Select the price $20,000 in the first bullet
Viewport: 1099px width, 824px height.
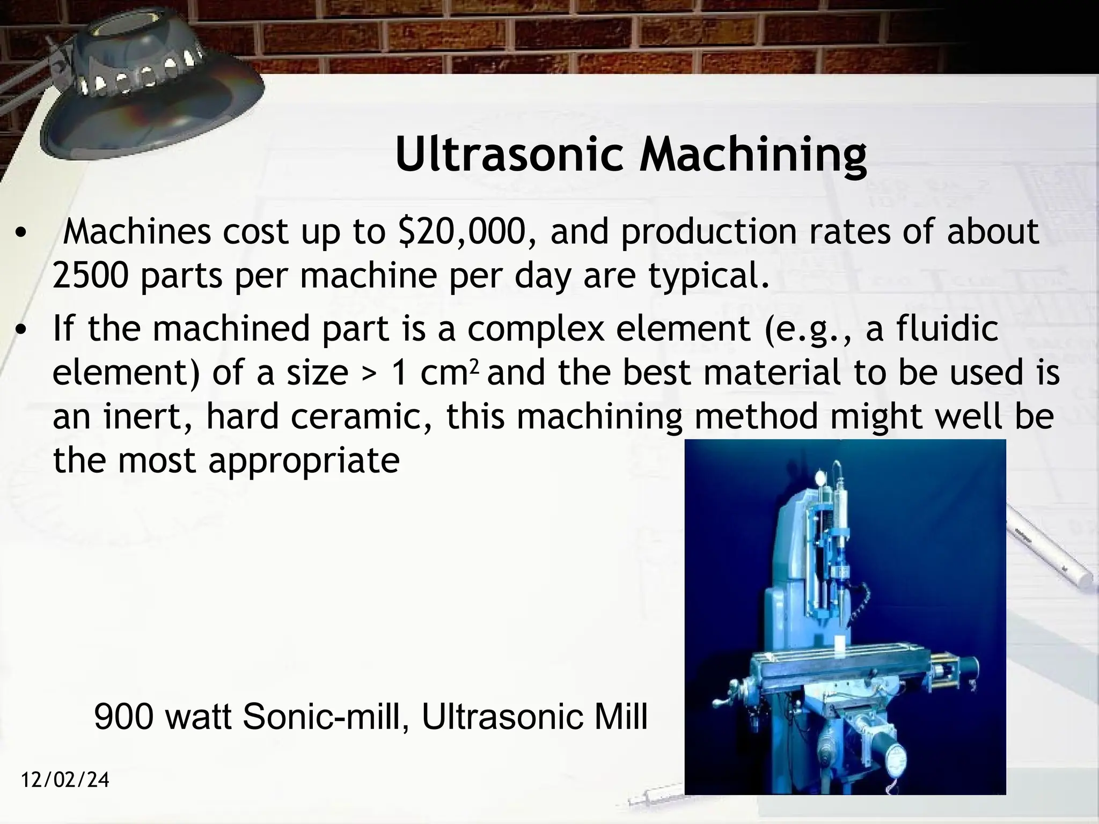466,232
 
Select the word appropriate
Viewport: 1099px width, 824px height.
304,460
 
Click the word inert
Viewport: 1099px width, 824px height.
145,417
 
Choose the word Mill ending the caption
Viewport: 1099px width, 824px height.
619,717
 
